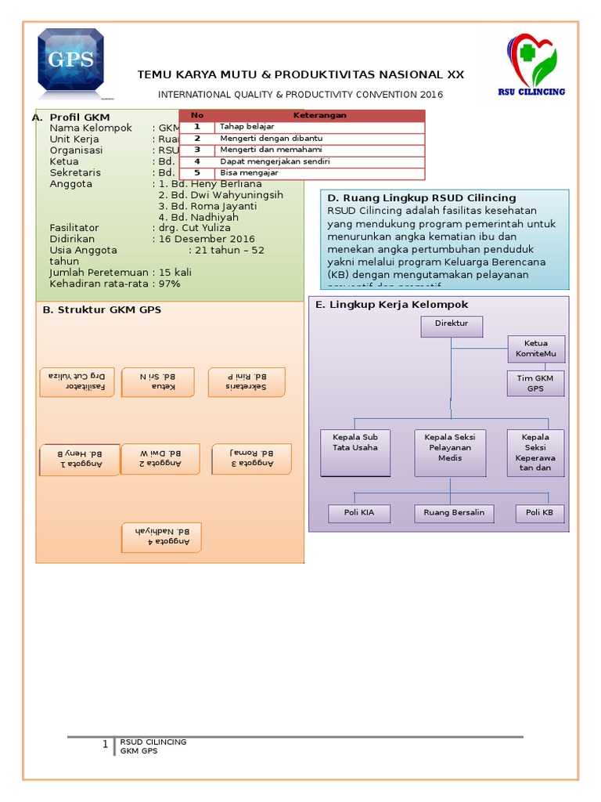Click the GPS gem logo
71,60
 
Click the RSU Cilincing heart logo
532,63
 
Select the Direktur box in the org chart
452,327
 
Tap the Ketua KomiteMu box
535,349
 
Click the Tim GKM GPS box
535,383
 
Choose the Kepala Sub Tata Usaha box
355,452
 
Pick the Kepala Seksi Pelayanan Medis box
450,452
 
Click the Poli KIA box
355,513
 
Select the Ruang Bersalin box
454,513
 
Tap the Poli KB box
540,513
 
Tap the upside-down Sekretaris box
247,381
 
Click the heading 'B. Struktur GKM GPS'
102,310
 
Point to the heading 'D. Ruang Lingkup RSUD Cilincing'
422,198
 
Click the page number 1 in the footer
106,745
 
